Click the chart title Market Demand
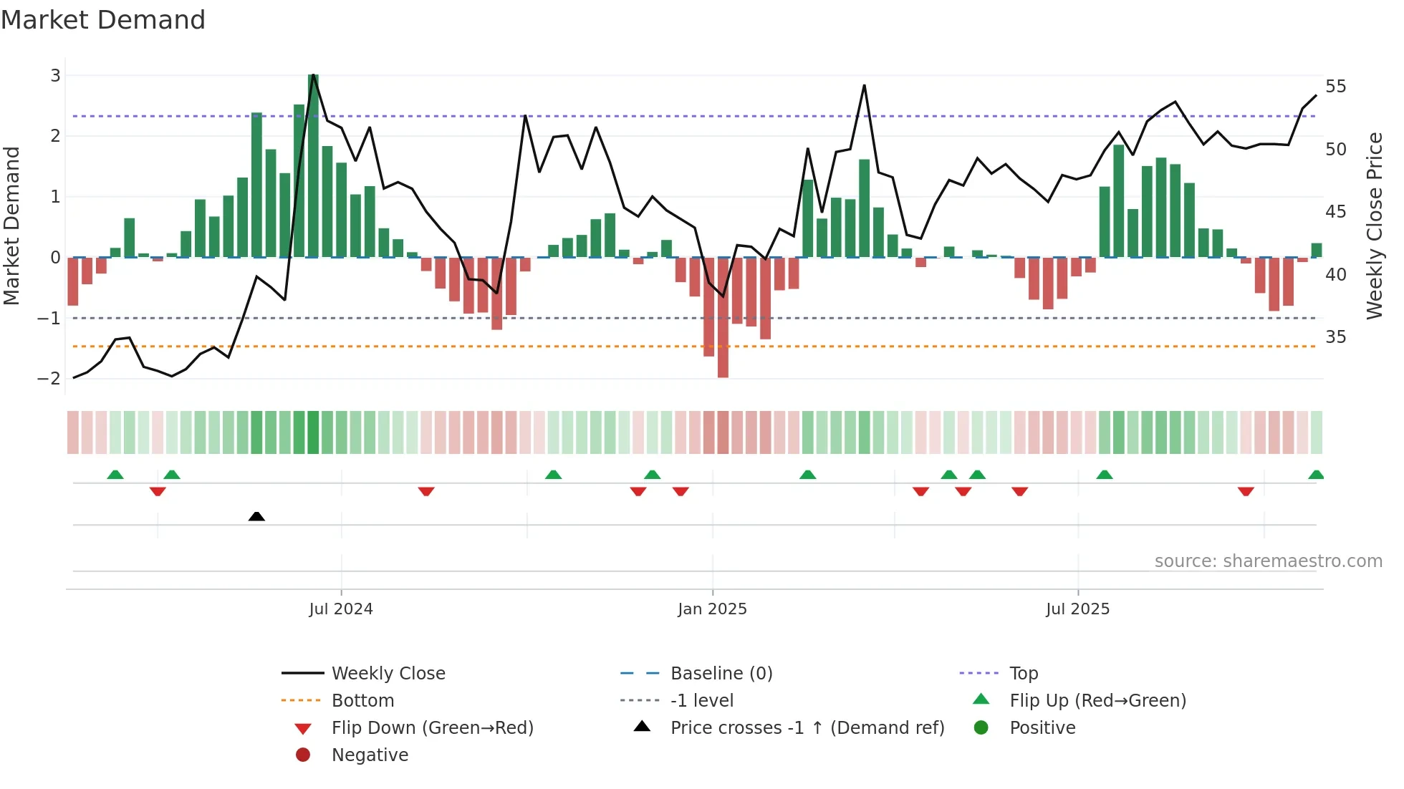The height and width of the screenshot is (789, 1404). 103,20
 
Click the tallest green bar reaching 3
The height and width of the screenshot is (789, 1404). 313,165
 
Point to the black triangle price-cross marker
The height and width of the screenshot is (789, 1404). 256,516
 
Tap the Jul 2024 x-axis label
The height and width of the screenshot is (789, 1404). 341,609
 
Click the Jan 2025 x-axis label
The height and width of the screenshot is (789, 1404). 712,609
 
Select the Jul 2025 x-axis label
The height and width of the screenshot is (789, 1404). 1077,609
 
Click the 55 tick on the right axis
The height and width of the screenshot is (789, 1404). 1335,87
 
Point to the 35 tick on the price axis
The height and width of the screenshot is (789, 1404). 1335,337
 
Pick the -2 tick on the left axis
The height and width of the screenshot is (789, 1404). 49,379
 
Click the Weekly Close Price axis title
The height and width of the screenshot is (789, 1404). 1374,226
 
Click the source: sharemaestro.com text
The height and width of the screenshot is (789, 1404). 1268,561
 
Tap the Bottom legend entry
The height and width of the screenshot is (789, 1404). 362,701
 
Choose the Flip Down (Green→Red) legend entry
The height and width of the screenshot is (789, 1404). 432,728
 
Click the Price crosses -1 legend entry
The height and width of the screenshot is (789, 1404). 807,728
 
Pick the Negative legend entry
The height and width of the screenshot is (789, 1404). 370,755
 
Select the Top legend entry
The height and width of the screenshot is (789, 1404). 1024,674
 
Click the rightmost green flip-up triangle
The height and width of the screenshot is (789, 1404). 1316,475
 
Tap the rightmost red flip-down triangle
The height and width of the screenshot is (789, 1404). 1246,491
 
